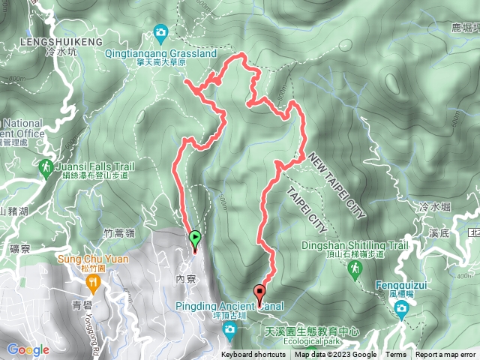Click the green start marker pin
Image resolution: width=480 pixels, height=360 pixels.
pos(195,240)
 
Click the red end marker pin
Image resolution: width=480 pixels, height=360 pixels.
pos(260,294)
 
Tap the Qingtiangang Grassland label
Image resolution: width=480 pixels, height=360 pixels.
pos(160,54)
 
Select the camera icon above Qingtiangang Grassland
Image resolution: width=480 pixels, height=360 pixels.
pos(160,32)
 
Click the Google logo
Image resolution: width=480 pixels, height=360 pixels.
pos(28,349)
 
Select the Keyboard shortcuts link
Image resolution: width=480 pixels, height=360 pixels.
pos(253,355)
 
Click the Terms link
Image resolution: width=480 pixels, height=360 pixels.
pos(396,355)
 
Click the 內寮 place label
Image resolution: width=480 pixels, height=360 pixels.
pos(185,277)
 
